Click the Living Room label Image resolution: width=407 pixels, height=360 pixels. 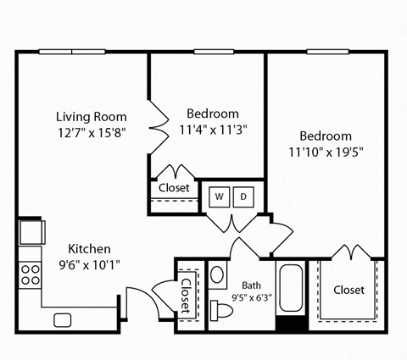92,116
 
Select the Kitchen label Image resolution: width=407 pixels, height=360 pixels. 89,249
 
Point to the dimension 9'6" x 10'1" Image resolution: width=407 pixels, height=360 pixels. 89,264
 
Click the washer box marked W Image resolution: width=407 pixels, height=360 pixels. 219,197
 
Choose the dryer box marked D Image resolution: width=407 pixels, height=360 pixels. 243,197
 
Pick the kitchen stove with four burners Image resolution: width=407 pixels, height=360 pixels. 31,273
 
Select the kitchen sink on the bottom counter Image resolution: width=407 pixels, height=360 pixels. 62,319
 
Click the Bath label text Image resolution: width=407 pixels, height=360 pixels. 251,285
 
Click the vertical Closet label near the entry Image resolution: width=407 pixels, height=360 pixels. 186,296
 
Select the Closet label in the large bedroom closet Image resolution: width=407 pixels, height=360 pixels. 348,290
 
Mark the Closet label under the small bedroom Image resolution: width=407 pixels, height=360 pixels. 174,187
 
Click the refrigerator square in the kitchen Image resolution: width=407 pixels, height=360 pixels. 31,231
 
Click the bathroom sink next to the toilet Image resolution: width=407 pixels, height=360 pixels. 217,275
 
